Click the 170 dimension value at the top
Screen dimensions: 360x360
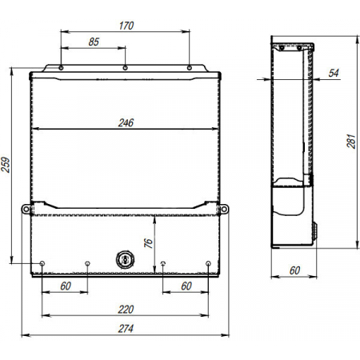[x=125, y=26]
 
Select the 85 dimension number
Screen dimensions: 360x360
[x=94, y=42]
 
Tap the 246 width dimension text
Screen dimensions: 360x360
[x=125, y=122]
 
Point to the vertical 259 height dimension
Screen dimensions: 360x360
[x=6, y=164]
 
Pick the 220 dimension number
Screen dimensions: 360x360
[x=125, y=308]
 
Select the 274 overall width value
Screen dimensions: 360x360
[x=125, y=329]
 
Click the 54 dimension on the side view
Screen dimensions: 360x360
[x=334, y=74]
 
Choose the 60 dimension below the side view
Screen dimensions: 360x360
[x=294, y=270]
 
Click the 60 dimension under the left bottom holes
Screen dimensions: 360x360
[x=65, y=286]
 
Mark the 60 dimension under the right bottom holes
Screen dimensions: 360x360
[x=186, y=286]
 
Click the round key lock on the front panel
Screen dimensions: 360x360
[x=125, y=260]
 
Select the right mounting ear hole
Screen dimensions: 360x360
[x=224, y=210]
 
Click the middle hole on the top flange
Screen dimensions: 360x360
[x=125, y=68]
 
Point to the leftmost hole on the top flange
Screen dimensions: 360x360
[x=62, y=68]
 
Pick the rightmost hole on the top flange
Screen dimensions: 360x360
[x=189, y=68]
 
